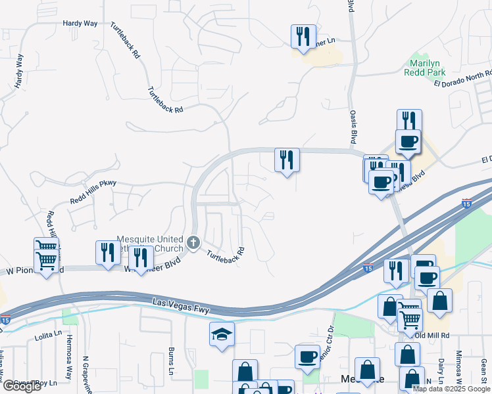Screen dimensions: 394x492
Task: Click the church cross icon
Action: (193, 243)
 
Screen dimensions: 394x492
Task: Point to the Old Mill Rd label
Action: (431, 335)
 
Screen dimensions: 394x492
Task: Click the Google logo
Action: (21, 386)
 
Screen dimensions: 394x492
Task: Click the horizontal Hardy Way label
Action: (80, 23)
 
